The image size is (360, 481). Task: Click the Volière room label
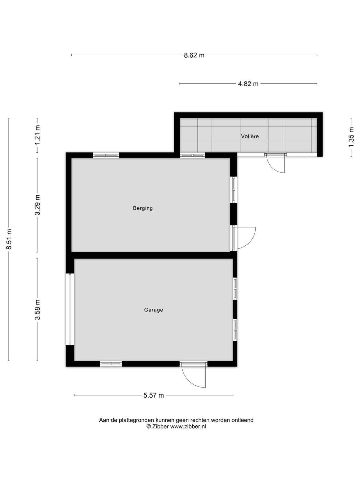pos(250,136)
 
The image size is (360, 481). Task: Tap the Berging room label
pos(143,208)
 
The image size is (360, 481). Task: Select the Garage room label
pos(153,310)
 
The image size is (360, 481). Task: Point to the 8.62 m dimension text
pos(194,55)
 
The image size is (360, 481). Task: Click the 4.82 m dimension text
pos(248,84)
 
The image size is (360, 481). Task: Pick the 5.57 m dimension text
pos(153,395)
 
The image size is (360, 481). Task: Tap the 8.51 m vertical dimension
pos(9,239)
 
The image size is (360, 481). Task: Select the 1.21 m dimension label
pos(37,135)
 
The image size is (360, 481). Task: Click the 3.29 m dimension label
pos(37,205)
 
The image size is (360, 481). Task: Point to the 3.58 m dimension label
pos(37,310)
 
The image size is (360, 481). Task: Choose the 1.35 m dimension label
pos(351,137)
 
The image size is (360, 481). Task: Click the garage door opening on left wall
pos(70,309)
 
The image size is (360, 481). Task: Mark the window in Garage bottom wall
pos(111,364)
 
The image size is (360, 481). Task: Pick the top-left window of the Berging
pos(106,155)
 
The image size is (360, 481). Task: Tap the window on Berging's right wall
pos(234,190)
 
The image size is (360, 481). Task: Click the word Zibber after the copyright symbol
pos(161,426)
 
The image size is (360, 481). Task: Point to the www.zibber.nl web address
pos(188,426)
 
